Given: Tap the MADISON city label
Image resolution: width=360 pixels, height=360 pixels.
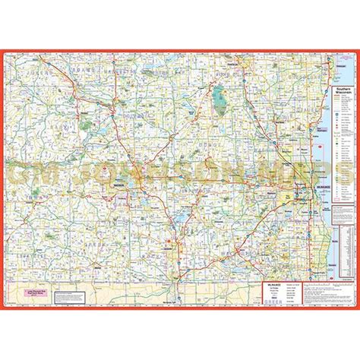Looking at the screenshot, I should (119, 183).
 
